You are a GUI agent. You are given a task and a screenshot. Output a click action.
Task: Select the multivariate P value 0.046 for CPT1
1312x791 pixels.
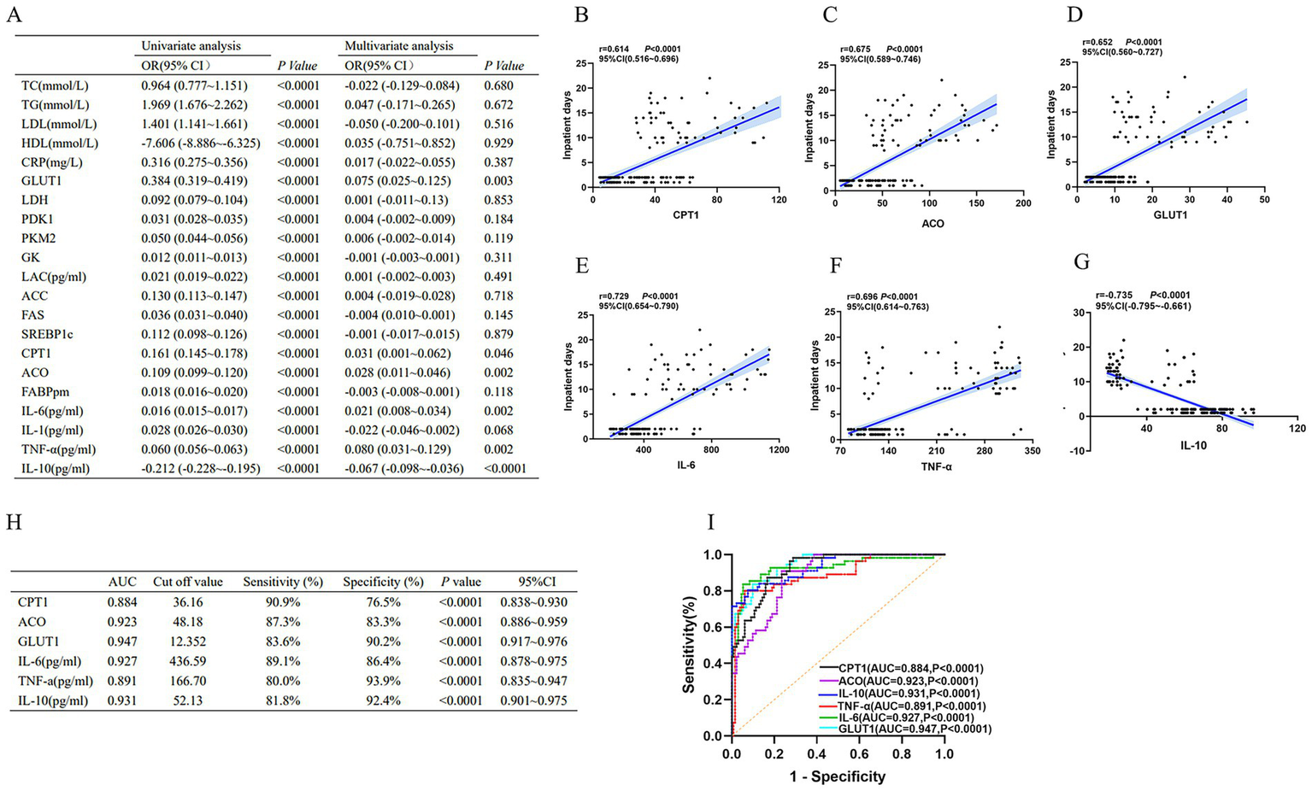tap(498, 354)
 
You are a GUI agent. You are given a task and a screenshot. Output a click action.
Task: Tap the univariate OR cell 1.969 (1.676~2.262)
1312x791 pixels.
tap(194, 105)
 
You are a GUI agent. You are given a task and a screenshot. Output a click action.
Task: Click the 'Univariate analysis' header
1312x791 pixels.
tap(191, 46)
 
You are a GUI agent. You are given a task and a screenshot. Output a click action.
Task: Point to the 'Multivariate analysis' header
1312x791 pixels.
tap(399, 46)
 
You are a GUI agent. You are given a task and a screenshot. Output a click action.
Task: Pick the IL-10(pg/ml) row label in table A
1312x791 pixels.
tap(56, 469)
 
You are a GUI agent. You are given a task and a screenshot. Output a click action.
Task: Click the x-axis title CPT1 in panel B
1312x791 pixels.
tap(685, 215)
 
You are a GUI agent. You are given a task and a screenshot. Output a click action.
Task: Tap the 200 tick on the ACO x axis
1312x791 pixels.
tap(1023, 203)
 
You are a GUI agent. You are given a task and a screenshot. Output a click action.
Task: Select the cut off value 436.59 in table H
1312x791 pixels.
tap(188, 661)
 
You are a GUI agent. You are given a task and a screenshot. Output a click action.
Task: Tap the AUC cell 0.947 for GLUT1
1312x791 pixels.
tap(122, 642)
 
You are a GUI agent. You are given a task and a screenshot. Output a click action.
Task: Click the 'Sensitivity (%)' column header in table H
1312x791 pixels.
tap(283, 582)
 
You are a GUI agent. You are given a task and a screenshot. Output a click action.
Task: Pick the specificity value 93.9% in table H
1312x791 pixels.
tap(383, 681)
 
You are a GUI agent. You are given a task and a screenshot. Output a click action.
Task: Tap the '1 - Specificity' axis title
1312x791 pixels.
tap(837, 776)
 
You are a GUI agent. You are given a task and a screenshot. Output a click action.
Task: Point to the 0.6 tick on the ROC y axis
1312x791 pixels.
tap(712, 627)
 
